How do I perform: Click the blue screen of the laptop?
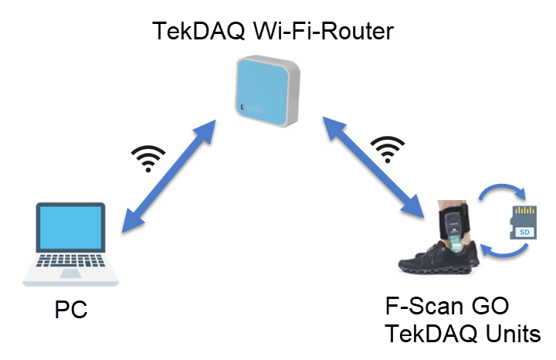[71, 233]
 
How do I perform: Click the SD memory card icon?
[524, 223]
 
